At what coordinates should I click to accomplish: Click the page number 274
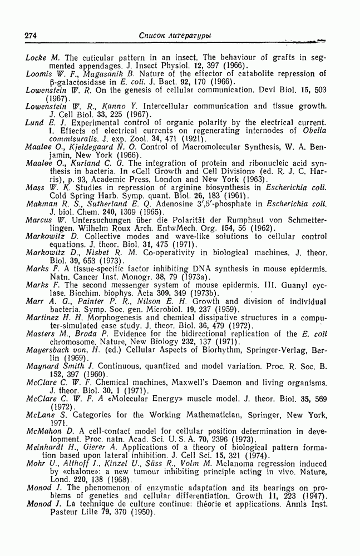[x=31, y=36]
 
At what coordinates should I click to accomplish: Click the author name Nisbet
[x=97, y=252]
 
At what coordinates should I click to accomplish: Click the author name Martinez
[x=43, y=317]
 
